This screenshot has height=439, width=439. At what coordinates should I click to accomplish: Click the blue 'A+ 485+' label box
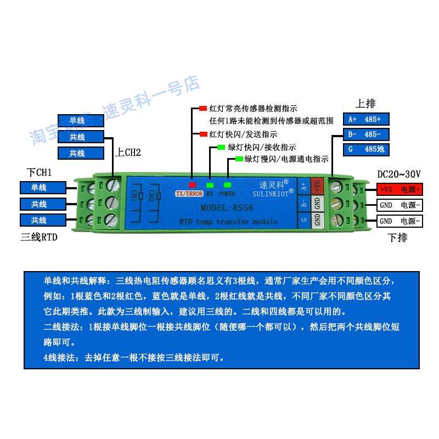[x=365, y=119]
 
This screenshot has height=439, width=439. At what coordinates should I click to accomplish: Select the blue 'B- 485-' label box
[x=365, y=134]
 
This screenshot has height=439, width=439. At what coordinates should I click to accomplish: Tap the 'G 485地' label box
[x=365, y=149]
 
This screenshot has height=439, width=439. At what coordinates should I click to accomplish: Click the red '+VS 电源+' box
[x=399, y=189]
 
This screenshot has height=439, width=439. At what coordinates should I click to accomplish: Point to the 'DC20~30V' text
[x=399, y=174]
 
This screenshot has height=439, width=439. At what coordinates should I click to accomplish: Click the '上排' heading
[x=366, y=104]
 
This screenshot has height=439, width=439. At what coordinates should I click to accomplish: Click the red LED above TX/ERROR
[x=193, y=185]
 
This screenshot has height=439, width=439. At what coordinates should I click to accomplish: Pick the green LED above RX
[x=210, y=185]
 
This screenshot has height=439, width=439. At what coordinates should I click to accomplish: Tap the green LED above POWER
[x=227, y=185]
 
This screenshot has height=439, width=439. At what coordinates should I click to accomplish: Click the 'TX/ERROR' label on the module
[x=189, y=194]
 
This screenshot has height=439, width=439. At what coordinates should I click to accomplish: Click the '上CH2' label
[x=128, y=153]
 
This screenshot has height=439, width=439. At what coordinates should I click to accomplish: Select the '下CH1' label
[x=40, y=173]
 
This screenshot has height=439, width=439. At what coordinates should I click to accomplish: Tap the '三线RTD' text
[x=39, y=238]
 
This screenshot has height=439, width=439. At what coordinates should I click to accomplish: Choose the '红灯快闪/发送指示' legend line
[x=242, y=134]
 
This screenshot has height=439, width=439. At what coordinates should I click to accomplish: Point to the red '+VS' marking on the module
[x=316, y=186]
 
